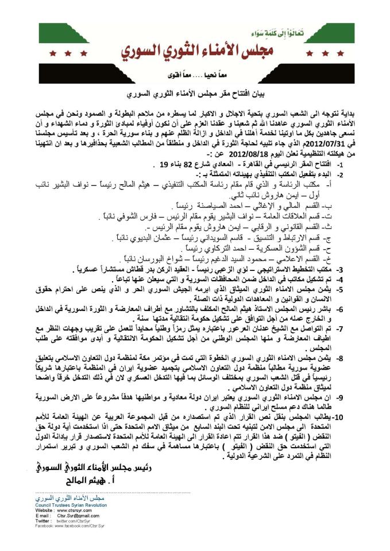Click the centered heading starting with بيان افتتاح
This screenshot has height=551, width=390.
[195, 92]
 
